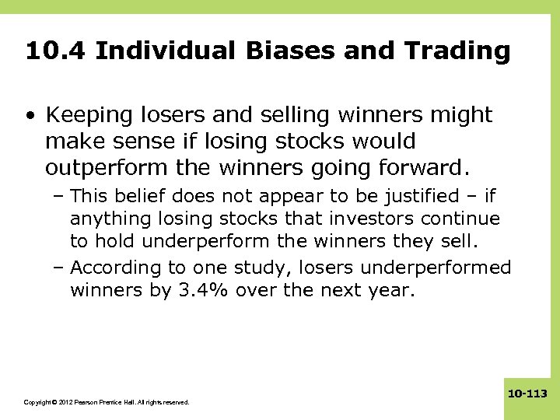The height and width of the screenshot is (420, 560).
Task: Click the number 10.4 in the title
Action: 54,51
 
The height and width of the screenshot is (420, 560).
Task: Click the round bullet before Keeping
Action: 29,117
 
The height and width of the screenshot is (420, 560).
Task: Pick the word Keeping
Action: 84,116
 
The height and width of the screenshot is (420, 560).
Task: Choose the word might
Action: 462,116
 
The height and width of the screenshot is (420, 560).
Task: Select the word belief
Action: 145,195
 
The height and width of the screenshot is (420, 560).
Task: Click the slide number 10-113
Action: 528,395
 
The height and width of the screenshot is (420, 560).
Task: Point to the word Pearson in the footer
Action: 88,402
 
